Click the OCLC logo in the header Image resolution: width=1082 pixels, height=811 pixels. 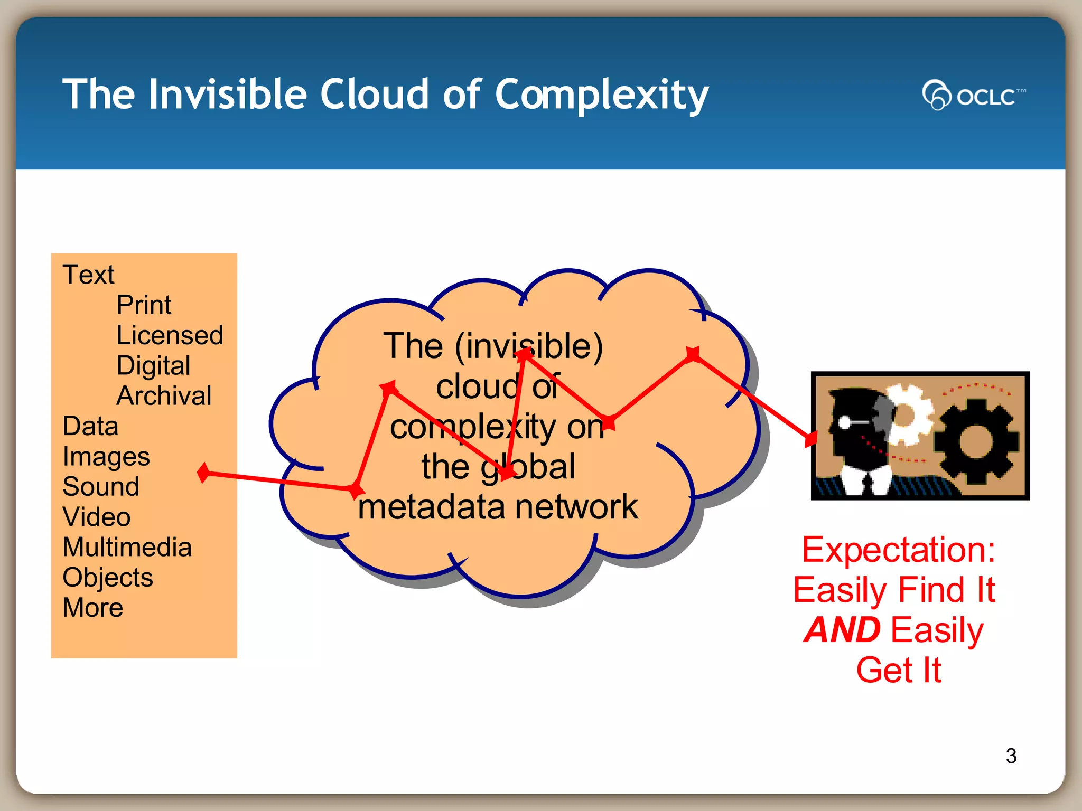click(x=973, y=96)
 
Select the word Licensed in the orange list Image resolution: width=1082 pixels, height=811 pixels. click(x=170, y=335)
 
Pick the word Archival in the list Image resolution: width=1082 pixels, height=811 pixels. click(x=164, y=396)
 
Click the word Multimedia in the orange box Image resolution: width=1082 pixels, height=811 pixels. click(x=127, y=547)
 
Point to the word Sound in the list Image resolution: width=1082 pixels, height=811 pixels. click(x=101, y=486)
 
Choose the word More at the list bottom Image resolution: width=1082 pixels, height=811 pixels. click(x=93, y=608)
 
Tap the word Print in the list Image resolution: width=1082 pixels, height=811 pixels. click(x=144, y=305)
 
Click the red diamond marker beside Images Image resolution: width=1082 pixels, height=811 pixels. click(x=203, y=473)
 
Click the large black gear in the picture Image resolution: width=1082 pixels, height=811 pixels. click(x=975, y=441)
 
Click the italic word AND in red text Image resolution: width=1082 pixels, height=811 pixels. click(x=842, y=630)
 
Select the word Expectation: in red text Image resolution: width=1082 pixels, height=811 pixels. click(x=898, y=550)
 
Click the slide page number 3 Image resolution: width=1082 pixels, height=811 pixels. click(x=1011, y=756)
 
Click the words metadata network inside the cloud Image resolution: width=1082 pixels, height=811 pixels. click(x=498, y=507)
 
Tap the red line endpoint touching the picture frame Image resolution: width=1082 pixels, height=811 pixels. click(x=811, y=438)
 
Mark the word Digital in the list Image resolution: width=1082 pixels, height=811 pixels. click(x=153, y=366)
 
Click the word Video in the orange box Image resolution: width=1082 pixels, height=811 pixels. click(x=97, y=517)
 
